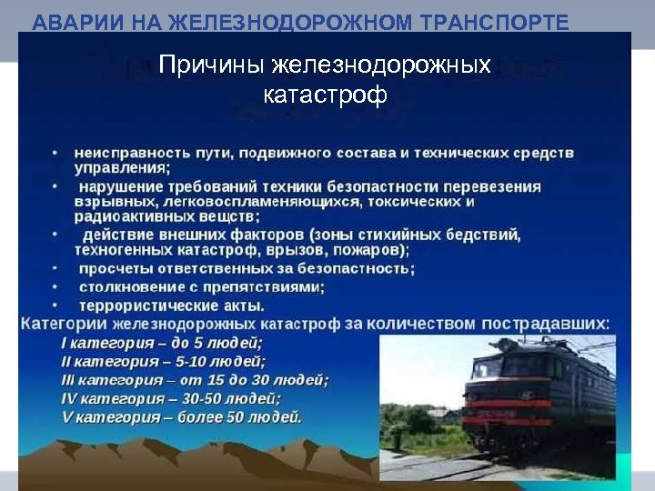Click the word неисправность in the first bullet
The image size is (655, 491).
click(x=128, y=153)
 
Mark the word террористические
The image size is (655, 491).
click(x=143, y=305)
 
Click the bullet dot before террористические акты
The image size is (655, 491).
click(x=55, y=305)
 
